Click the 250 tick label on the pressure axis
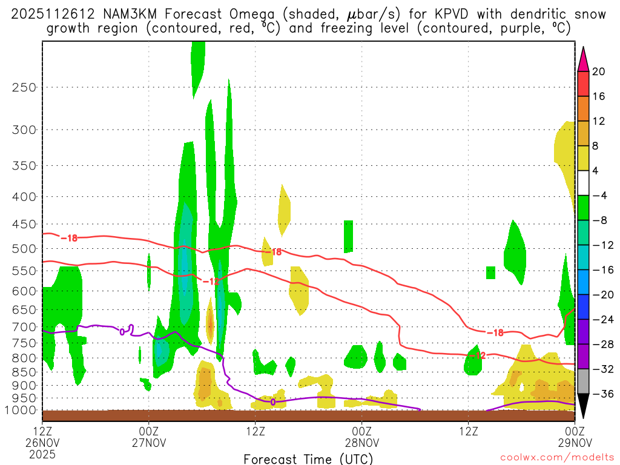pyautogui.click(x=25, y=87)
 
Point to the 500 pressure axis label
pyautogui.click(x=25, y=249)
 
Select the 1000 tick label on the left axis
pyautogui.click(x=22, y=410)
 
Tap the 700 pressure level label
pyautogui.click(x=25, y=327)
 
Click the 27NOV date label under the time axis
pyautogui.click(x=149, y=442)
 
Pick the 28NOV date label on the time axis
pyautogui.click(x=361, y=442)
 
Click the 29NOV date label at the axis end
pyautogui.click(x=573, y=442)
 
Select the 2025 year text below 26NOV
pyautogui.click(x=42, y=453)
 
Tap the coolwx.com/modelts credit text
pyautogui.click(x=553, y=459)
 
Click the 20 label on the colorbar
pyautogui.click(x=599, y=71)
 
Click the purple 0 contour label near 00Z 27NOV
pyautogui.click(x=122, y=331)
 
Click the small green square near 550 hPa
pyautogui.click(x=490, y=272)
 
